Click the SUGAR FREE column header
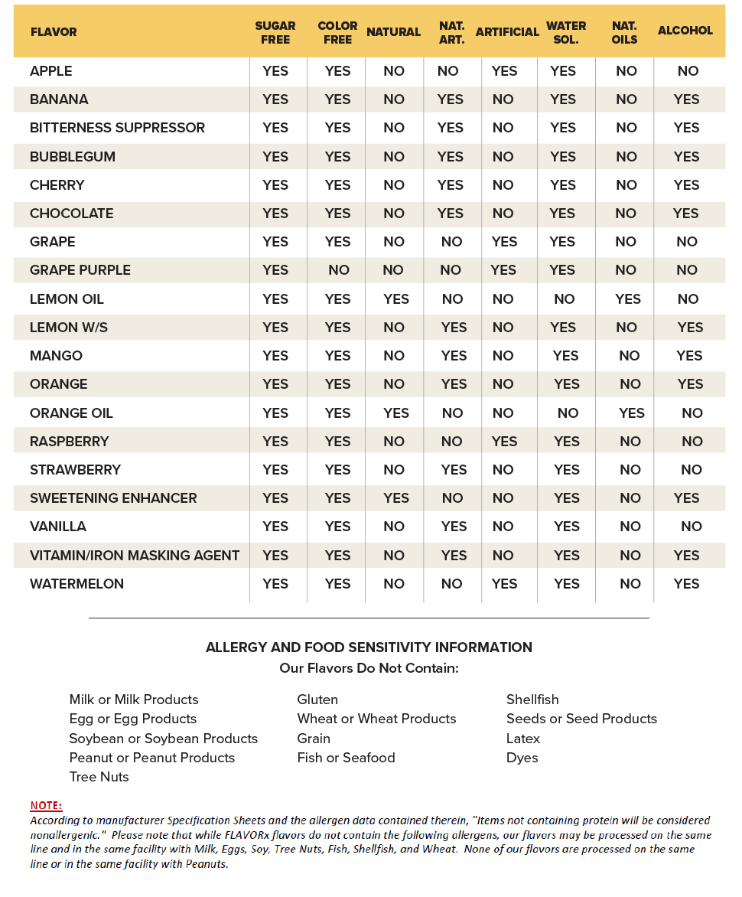point(275,32)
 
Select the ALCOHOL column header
point(685,31)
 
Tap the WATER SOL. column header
point(566,32)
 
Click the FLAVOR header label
point(54,32)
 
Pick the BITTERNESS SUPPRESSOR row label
point(117,128)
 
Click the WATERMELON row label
point(76,584)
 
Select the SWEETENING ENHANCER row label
point(113,498)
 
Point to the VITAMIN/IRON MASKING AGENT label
point(135,556)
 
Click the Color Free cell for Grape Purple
point(338,270)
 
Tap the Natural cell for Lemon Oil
point(396,299)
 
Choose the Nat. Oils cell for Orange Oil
point(632,413)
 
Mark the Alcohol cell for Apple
point(688,71)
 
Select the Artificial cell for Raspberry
point(504,442)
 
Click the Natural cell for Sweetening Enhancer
point(396,498)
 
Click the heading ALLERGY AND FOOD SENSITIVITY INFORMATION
point(369,647)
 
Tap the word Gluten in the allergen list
point(317,700)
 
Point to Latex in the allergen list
point(523,739)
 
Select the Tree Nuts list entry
point(99,777)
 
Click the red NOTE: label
point(46,805)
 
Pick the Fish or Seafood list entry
point(346,758)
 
